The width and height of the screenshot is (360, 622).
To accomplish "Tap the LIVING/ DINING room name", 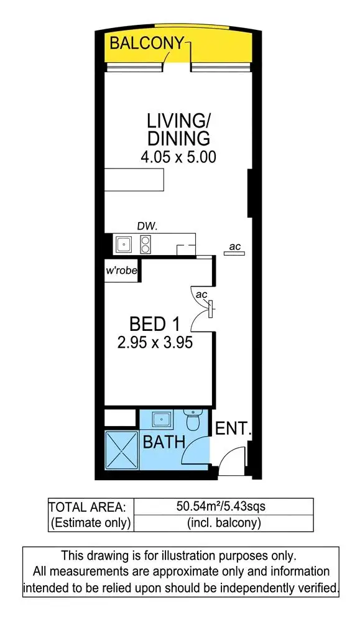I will (178, 129).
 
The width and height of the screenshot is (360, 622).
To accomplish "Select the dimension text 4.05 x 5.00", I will (178, 157).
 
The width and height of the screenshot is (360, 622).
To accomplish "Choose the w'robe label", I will (121, 271).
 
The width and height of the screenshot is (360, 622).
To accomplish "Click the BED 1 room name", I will (155, 324).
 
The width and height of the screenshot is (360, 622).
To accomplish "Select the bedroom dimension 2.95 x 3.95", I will (155, 341).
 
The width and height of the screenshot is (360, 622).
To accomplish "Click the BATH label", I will (164, 443).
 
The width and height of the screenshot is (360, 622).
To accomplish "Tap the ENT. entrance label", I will (233, 429).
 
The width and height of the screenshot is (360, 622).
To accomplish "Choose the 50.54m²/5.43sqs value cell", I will (224, 507).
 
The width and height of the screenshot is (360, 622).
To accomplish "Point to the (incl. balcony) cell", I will (224, 523).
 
